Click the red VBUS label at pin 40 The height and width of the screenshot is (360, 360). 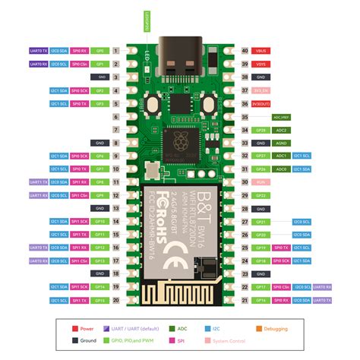click(x=260, y=50)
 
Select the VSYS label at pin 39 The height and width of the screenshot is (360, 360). click(x=260, y=64)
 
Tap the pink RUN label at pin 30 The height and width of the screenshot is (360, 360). click(x=260, y=182)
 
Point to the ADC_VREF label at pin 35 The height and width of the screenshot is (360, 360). click(x=280, y=117)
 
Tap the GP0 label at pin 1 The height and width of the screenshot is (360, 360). click(x=100, y=50)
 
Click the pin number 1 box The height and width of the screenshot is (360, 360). click(x=115, y=50)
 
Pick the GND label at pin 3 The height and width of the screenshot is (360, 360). click(x=100, y=77)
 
